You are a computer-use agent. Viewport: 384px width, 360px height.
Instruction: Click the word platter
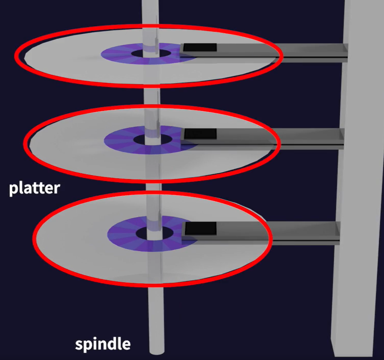click(x=35, y=188)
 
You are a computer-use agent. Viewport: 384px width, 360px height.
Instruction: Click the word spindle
click(x=103, y=344)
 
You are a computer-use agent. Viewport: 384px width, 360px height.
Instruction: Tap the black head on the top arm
click(x=200, y=48)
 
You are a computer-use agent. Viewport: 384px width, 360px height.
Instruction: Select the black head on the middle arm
click(x=200, y=134)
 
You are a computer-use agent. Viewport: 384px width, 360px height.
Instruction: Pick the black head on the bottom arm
click(x=200, y=228)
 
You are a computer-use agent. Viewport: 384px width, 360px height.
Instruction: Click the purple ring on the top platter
click(x=115, y=54)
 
